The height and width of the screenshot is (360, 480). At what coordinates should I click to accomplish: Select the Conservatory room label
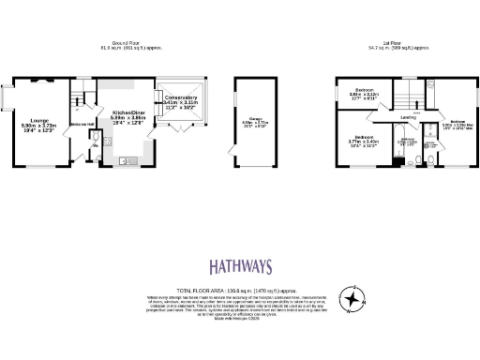180,97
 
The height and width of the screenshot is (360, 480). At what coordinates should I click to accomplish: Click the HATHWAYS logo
239,268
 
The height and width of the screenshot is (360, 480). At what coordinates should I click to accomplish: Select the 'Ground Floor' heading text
124,44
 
